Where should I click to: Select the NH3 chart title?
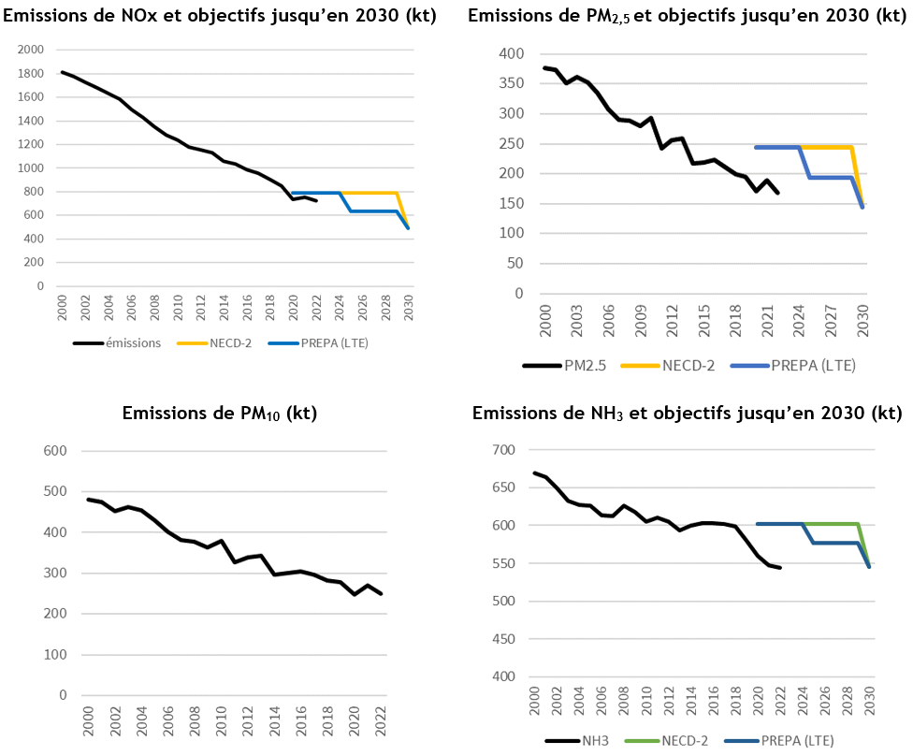click(x=687, y=413)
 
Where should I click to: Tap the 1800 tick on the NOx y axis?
click(x=32, y=73)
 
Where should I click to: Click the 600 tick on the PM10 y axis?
click(x=56, y=451)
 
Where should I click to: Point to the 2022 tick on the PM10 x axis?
click(x=381, y=720)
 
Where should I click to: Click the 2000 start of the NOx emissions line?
click(x=62, y=72)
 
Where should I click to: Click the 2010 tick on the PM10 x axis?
click(x=222, y=720)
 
